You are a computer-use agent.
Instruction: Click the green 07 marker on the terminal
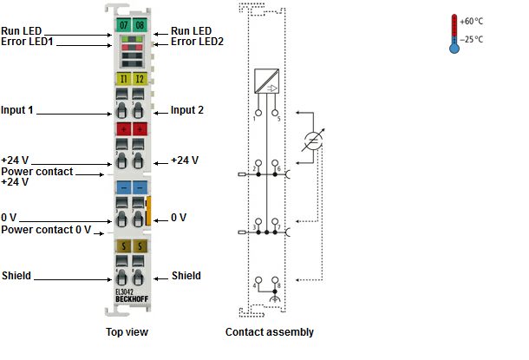coord(123,24)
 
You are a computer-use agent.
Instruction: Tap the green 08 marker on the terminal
coord(140,24)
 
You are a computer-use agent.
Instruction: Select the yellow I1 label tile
coord(123,79)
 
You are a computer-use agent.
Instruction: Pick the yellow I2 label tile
coord(140,79)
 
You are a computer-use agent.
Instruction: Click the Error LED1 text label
coord(27,42)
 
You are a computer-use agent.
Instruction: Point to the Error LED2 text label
coord(197,42)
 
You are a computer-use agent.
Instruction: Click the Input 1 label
coord(17,110)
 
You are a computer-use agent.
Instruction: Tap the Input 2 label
coord(187,110)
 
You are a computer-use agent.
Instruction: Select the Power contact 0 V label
coord(46,230)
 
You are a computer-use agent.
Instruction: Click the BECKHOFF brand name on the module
coord(132,299)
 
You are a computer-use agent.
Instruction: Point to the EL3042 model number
coord(125,292)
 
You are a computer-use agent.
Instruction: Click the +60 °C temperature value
coord(471,22)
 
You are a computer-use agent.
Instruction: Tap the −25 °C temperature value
coord(471,40)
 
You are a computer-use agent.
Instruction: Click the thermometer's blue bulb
coord(454,49)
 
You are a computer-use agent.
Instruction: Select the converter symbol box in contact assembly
coord(266,81)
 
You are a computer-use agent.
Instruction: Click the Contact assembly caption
coord(270,332)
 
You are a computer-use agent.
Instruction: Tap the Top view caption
coord(127,332)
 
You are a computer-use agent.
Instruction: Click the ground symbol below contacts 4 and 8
coord(275,298)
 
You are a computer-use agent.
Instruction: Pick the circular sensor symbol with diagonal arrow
coord(313,141)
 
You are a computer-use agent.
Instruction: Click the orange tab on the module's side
coord(148,211)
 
